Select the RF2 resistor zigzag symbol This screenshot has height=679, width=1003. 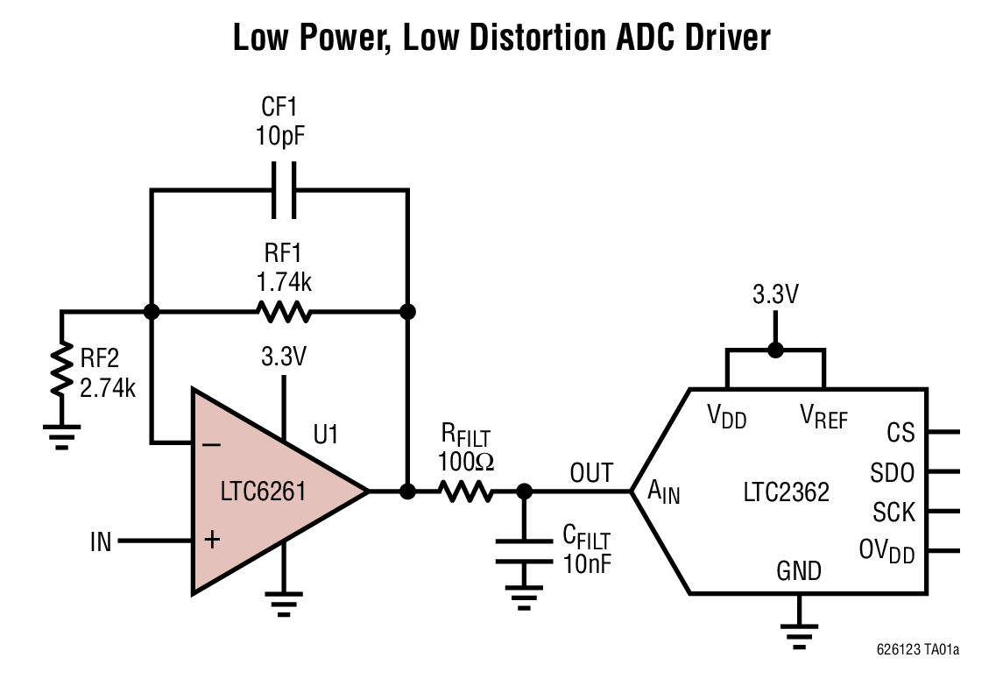tap(61, 370)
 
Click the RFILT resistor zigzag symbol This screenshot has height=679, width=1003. tap(466, 492)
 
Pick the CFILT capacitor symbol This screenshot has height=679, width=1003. tap(524, 551)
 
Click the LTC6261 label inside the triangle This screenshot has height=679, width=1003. tap(263, 491)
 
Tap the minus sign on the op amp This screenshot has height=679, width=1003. tap(211, 444)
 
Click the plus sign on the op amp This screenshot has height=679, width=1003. tap(211, 540)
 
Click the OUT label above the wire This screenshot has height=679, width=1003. tap(591, 474)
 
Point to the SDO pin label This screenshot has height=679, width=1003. tap(893, 473)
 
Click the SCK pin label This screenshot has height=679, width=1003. tap(894, 512)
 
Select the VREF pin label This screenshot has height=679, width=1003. tap(823, 417)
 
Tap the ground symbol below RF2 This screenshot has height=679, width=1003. tap(61, 437)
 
